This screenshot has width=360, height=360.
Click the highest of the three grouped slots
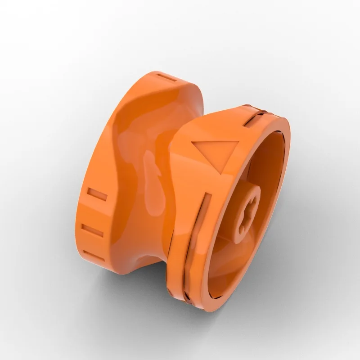tap(97, 194)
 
